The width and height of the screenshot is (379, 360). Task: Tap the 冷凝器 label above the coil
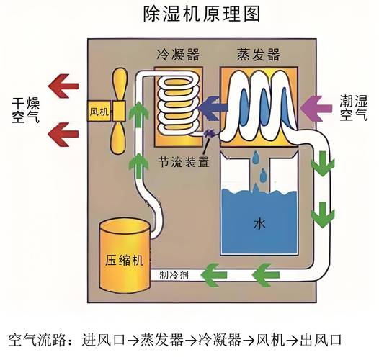pyautogui.click(x=177, y=55)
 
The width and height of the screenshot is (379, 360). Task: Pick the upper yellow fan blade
pyautogui.click(x=120, y=84)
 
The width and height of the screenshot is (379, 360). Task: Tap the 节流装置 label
pyautogui.click(x=185, y=162)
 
